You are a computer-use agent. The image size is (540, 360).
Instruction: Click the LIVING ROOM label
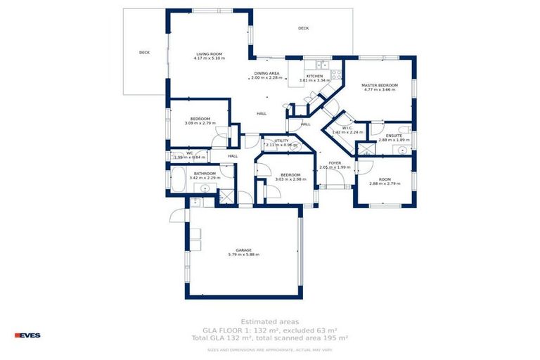pyautogui.click(x=209, y=54)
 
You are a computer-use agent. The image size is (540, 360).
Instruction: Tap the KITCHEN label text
pyautogui.click(x=314, y=76)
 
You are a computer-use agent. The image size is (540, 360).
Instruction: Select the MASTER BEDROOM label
pyautogui.click(x=380, y=86)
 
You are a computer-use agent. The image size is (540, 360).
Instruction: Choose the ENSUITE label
pyautogui.click(x=394, y=135)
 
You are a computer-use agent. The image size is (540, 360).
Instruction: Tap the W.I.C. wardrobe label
pyautogui.click(x=347, y=128)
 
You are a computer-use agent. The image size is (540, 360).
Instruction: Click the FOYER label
pyautogui.click(x=335, y=163)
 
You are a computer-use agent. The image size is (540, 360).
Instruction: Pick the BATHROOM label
pyautogui.click(x=205, y=174)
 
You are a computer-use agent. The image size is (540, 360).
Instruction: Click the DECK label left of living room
pyautogui.click(x=144, y=52)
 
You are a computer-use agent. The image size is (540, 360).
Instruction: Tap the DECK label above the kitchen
pyautogui.click(x=303, y=28)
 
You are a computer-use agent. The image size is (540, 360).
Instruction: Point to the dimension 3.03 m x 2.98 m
pyautogui.click(x=290, y=179)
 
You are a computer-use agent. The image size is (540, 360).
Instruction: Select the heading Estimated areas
pyautogui.click(x=269, y=321)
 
